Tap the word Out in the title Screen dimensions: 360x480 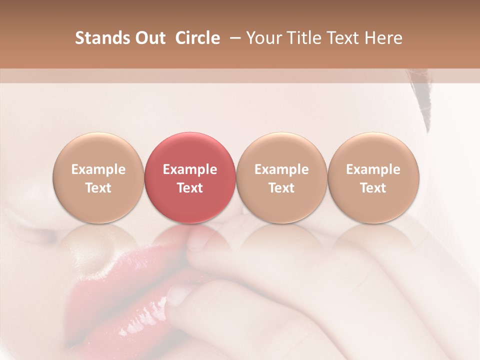(x=149, y=38)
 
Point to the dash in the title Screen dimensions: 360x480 (x=235, y=38)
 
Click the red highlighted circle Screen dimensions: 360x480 (x=189, y=178)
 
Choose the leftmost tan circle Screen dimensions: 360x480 (x=98, y=178)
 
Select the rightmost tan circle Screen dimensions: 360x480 (x=373, y=178)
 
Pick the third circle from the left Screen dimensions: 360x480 (x=281, y=178)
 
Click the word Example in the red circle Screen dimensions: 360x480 (x=190, y=169)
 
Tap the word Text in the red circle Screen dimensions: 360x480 (x=190, y=188)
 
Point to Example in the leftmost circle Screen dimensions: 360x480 (x=98, y=169)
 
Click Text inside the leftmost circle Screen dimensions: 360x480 (x=98, y=188)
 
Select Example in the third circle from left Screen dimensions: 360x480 (x=281, y=169)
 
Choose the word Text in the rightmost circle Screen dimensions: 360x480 (x=373, y=188)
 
